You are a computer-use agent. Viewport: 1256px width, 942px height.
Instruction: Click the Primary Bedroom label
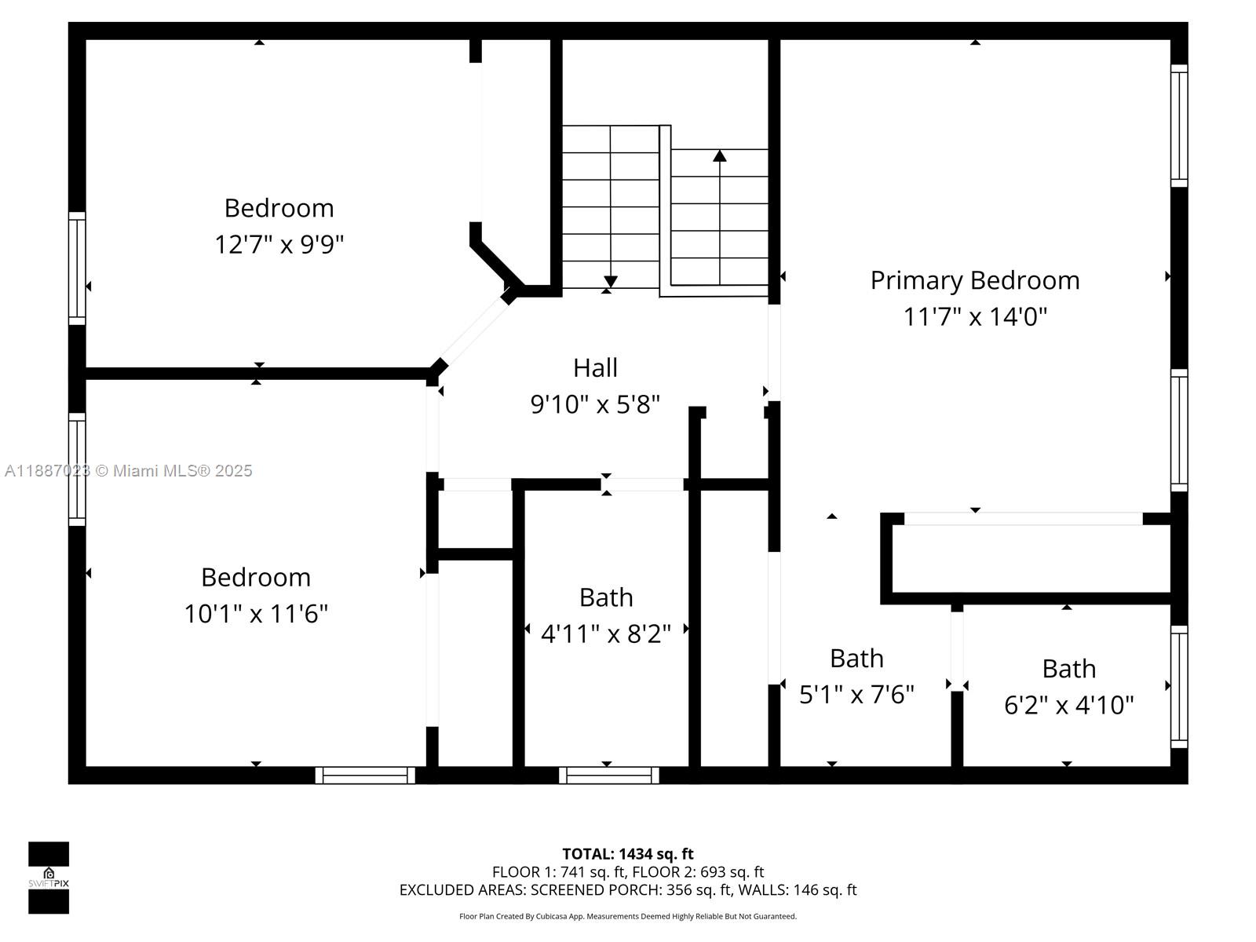click(974, 280)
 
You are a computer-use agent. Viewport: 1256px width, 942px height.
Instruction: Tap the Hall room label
click(595, 367)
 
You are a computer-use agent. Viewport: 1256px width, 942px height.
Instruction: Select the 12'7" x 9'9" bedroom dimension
click(279, 244)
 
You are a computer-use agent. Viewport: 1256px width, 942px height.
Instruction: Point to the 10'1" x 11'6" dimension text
click(256, 614)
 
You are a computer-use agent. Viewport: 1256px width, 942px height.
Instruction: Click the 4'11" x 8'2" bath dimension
click(606, 633)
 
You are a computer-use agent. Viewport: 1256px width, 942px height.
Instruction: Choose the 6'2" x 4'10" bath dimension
click(1068, 705)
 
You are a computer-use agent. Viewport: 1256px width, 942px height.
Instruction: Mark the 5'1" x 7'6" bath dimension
click(856, 695)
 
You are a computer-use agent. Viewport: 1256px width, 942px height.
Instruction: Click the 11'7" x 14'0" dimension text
click(975, 316)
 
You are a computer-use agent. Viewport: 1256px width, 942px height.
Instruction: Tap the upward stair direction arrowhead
click(720, 155)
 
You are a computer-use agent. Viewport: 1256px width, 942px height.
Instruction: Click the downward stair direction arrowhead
click(611, 282)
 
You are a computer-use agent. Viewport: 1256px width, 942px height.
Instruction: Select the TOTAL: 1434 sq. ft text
click(628, 854)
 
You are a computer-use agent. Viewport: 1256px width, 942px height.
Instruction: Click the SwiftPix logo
click(49, 878)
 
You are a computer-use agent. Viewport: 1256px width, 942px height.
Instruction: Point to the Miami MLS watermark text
click(128, 471)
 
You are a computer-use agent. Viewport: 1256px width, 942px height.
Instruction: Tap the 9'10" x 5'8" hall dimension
click(595, 404)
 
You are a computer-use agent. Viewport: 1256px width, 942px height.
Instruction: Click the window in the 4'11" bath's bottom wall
click(609, 776)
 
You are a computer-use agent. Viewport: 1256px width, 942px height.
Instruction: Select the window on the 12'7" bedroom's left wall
click(77, 268)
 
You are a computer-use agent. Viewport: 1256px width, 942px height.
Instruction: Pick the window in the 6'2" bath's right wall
click(1179, 686)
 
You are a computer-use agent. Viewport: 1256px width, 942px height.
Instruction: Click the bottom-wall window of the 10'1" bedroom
click(365, 776)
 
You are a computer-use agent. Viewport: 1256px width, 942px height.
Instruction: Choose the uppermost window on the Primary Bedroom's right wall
click(1179, 126)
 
